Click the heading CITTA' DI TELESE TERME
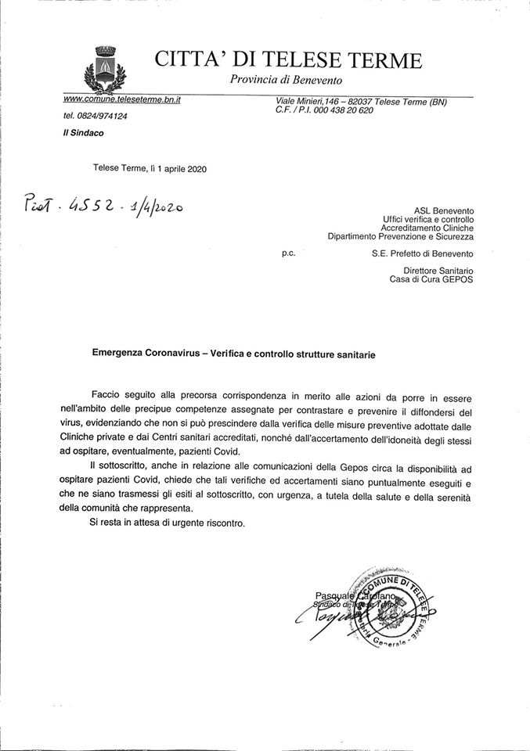(288, 59)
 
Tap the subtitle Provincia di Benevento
(286, 80)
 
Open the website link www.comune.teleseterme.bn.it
(121, 102)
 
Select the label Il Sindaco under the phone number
(81, 133)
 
